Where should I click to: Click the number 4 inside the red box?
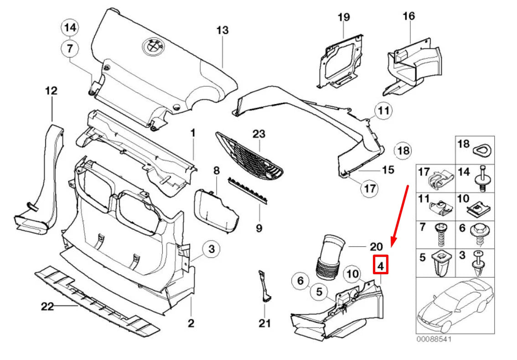tap(381, 264)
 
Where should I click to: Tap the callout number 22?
tap(48, 306)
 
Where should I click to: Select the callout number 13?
tap(222, 31)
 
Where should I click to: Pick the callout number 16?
tap(408, 16)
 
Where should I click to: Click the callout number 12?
tap(51, 91)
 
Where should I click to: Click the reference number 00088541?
tap(434, 339)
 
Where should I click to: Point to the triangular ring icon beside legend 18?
tap(481, 149)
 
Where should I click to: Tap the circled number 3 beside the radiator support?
tap(211, 249)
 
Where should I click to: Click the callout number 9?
tap(259, 228)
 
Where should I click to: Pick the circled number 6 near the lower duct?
tap(300, 281)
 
